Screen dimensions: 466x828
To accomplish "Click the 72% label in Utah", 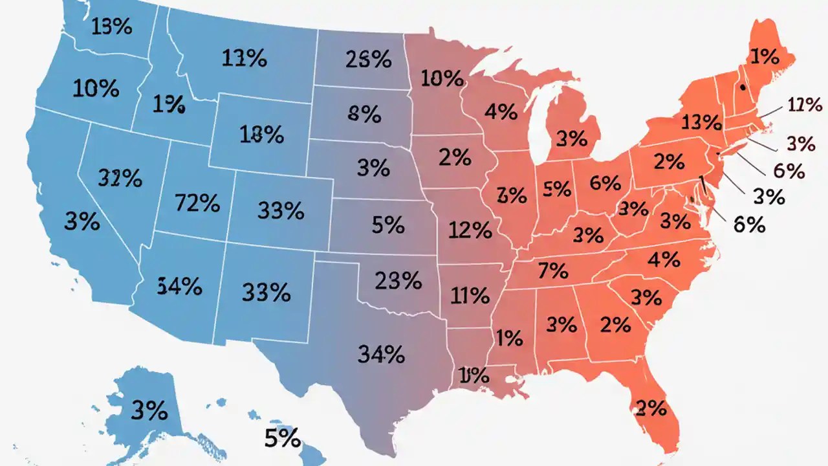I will coord(197,203).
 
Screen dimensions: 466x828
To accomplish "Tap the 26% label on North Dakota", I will coord(368,60).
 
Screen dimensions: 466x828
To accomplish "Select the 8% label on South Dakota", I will coord(364,115).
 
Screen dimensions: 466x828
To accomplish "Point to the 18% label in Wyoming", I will coord(261,135).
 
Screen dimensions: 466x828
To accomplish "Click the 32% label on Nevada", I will coord(121,178).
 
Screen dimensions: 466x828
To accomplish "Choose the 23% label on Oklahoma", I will coord(398,280).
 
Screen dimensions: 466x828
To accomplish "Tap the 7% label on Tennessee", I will coord(552,270).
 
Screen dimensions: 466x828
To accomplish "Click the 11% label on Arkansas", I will coord(470,296).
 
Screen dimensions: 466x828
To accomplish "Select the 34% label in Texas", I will coord(381,354).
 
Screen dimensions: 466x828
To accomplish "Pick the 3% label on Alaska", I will coord(149,410).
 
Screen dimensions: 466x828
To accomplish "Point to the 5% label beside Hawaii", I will coord(283,438).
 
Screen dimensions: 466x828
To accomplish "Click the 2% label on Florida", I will coord(651,408).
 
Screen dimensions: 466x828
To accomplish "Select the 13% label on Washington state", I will coord(113,27).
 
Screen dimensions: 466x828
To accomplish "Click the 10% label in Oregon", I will coord(96,89).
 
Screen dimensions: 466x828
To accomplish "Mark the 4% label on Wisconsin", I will coord(501,112).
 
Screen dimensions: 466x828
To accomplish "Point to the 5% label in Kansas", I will coord(388,225).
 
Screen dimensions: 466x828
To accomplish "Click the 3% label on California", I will coord(82,222).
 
